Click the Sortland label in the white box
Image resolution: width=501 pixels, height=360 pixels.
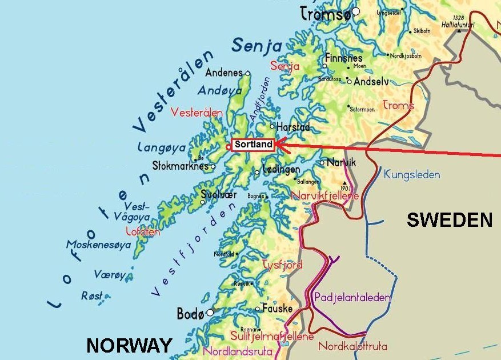pos(253,145)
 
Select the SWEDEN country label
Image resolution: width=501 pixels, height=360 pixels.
pos(450,220)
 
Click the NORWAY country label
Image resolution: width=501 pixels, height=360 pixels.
pos(129,345)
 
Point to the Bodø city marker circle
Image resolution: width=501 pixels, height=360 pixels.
pos(210,313)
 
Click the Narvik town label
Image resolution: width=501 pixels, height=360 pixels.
pos(341,163)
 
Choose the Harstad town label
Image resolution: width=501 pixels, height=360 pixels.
pos(293,127)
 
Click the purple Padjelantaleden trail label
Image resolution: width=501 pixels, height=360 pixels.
pos(352,297)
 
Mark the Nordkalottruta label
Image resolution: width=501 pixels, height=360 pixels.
pos(352,346)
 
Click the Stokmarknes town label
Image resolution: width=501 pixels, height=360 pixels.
pos(180,166)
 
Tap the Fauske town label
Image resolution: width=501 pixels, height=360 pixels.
pos(277,309)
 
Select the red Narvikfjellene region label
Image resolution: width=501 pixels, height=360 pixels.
pos(325,196)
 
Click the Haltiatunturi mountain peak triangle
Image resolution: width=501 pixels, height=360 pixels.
pos(459,30)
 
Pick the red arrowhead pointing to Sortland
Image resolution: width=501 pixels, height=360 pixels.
pos(280,145)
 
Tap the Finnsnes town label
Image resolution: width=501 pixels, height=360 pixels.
pos(343,58)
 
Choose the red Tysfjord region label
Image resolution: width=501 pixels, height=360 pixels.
pos(282,265)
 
